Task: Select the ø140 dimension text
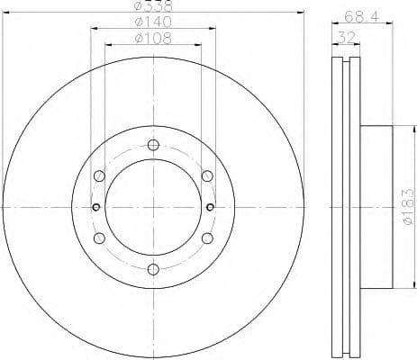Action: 152,22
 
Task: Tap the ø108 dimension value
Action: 152,40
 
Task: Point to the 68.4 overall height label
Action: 359,14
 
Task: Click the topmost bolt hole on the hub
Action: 153,146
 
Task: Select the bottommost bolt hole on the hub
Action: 153,269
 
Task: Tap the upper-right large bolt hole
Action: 207,176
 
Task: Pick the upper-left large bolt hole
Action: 99,176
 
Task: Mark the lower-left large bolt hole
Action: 99,238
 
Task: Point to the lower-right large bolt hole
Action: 207,238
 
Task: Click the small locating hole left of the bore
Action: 96,207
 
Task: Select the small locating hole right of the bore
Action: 210,207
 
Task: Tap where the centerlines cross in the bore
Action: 153,207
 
